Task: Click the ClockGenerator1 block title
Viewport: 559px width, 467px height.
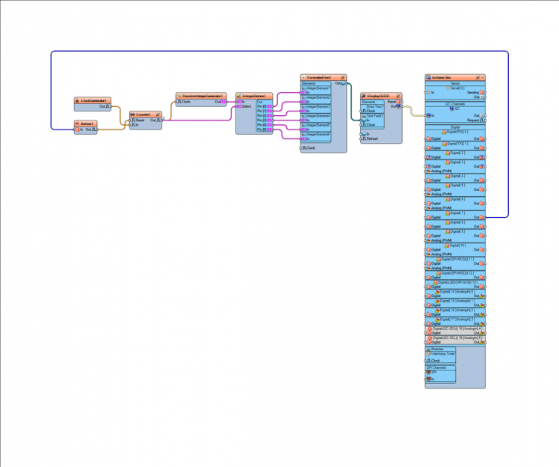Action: click(94, 100)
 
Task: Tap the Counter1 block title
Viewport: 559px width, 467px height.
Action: click(143, 115)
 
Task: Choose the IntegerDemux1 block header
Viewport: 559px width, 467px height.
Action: click(254, 96)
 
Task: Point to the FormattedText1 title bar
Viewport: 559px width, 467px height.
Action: click(321, 77)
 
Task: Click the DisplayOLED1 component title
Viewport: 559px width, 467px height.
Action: click(380, 96)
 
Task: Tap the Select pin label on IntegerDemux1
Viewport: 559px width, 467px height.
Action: click(247, 106)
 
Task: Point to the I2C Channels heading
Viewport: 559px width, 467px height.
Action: click(454, 104)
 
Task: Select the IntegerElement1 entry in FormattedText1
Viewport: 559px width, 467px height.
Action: click(318, 88)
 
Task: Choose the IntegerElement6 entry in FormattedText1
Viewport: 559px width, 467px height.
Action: click(318, 134)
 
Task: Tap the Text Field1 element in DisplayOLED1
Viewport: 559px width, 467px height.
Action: click(374, 115)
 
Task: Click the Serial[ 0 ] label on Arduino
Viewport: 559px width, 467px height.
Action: click(456, 88)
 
